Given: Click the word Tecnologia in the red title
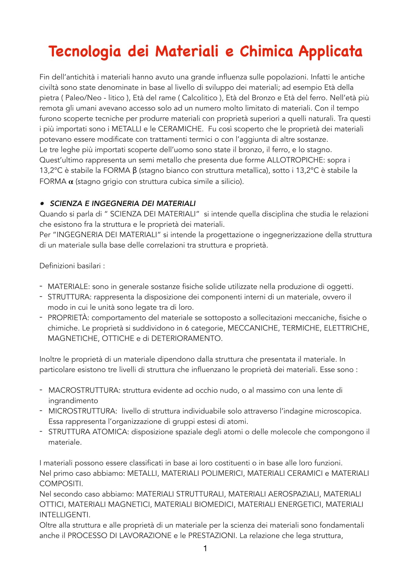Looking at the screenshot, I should tap(85, 52).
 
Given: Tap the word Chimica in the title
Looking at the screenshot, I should tap(266, 52).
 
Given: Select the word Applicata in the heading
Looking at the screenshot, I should tap(331, 52).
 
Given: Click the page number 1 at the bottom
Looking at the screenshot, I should tap(205, 548).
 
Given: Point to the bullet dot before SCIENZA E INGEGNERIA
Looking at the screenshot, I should tap(42, 203).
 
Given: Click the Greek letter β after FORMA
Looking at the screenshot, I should tap(134, 170).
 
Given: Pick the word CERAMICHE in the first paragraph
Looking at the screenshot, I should tap(180, 129).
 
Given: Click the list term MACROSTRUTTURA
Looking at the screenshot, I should tap(84, 390).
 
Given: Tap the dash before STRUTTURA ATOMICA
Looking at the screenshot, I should tap(41, 431).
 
